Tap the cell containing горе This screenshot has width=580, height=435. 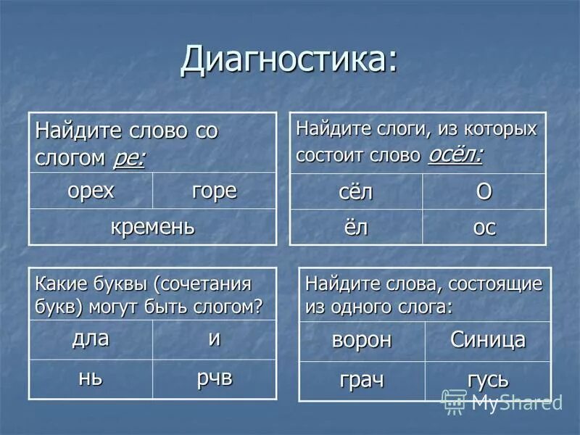[214, 191]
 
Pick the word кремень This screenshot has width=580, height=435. [152, 226]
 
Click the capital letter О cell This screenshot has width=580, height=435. [484, 191]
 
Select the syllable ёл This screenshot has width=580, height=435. [355, 227]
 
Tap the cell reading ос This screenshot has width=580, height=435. [484, 228]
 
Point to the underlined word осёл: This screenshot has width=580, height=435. [455, 154]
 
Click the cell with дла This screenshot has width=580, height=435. [91, 338]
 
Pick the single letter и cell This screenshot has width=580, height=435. [214, 339]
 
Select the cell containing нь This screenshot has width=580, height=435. [91, 378]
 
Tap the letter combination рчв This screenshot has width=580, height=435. [214, 378]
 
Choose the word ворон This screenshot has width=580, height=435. [361, 339]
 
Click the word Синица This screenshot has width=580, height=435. [487, 339]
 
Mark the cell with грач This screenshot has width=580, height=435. [361, 380]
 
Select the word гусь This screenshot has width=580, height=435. [487, 380]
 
